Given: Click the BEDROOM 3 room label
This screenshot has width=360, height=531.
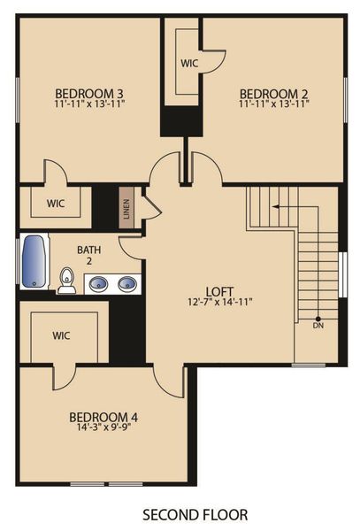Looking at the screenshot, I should click(x=89, y=92).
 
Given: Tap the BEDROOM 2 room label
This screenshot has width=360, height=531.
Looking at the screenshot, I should click(x=273, y=92).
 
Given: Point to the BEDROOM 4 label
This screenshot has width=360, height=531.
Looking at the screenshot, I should click(x=103, y=417).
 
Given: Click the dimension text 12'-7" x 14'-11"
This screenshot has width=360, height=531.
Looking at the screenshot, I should click(x=219, y=301).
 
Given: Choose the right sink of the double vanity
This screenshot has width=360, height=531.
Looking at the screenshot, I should click(x=126, y=284).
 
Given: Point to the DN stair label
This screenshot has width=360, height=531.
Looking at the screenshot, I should click(x=318, y=325).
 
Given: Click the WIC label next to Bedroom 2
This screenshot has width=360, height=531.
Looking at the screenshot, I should click(x=188, y=64).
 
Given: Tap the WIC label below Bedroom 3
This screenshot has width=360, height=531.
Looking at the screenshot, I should click(x=56, y=203).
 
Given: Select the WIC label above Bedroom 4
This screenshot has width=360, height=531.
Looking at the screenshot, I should click(x=62, y=336).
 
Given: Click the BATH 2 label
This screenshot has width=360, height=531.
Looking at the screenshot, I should click(x=90, y=255).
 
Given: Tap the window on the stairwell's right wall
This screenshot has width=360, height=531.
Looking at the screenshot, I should click(x=342, y=273).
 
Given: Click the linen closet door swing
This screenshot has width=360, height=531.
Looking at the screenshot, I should click(x=151, y=207).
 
